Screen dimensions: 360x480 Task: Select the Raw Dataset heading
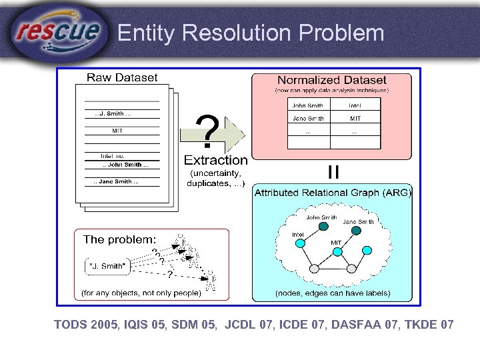click(122, 78)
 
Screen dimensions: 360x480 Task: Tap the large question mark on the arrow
click(208, 131)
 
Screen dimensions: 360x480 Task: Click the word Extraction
click(215, 160)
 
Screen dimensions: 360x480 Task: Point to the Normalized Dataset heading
click(331, 80)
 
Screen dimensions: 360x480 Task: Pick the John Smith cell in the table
click(307, 105)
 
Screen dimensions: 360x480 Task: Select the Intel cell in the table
click(356, 105)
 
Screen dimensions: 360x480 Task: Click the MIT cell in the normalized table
click(356, 118)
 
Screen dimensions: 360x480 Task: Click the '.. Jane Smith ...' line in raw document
click(117, 181)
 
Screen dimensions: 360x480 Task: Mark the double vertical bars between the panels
click(333, 172)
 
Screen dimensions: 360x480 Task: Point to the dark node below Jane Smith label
click(357, 231)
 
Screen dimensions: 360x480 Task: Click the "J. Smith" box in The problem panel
click(107, 266)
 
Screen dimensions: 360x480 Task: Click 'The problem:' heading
click(120, 239)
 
